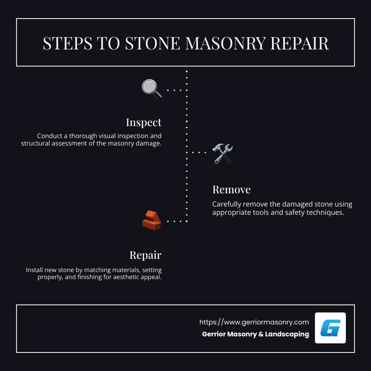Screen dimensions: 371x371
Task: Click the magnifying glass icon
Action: (x=151, y=89)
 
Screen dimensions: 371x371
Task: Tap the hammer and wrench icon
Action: (x=223, y=153)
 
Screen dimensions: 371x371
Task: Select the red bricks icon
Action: (x=151, y=221)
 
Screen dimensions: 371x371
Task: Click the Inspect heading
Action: (x=143, y=122)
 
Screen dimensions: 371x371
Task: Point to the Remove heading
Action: (x=231, y=190)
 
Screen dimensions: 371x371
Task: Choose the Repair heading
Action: (x=145, y=255)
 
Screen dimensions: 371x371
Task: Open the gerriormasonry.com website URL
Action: (x=254, y=322)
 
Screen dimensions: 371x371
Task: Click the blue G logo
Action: (x=330, y=328)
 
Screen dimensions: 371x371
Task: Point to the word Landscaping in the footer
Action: (x=287, y=334)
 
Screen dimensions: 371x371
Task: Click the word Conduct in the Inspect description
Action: (x=49, y=136)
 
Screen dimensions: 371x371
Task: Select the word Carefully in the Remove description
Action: (x=227, y=204)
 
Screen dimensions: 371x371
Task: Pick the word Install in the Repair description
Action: (x=35, y=270)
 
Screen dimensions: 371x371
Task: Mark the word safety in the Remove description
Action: (x=295, y=213)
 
